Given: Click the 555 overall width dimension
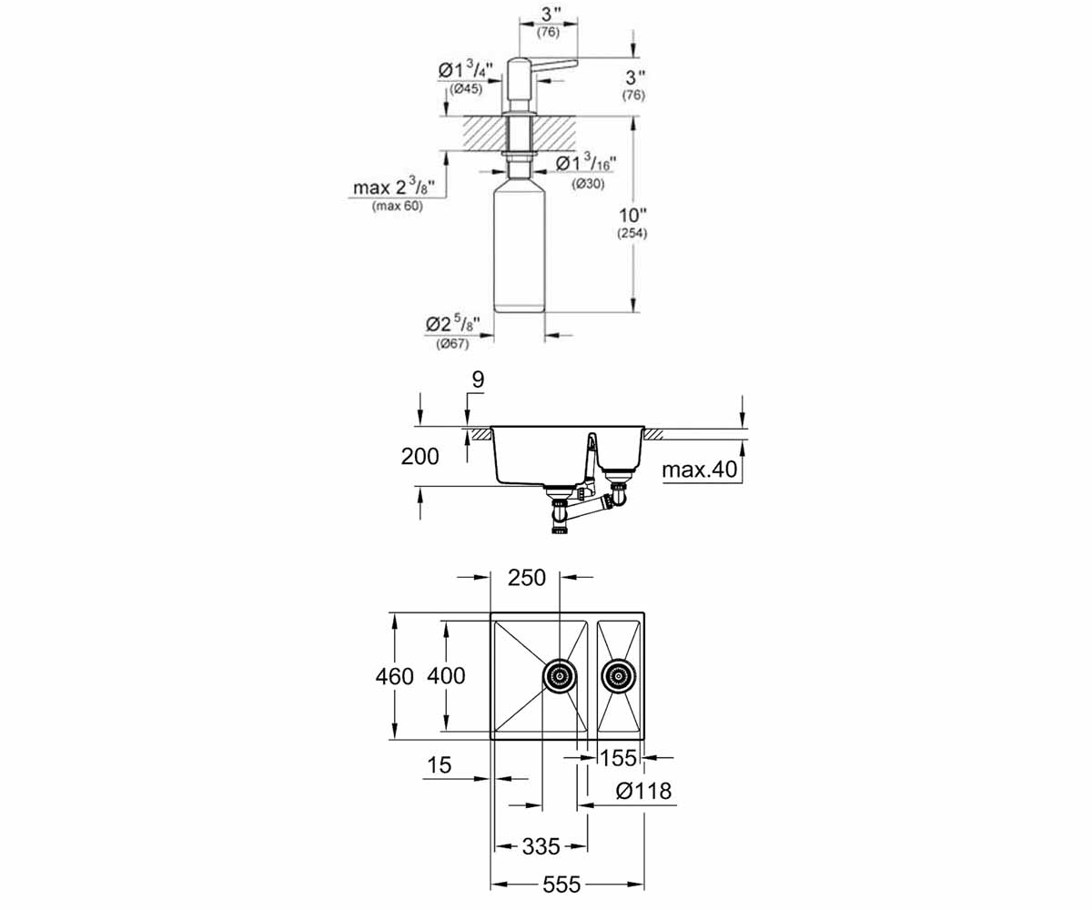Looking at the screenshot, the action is click(x=561, y=885).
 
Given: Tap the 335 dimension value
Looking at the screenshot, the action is click(x=541, y=846).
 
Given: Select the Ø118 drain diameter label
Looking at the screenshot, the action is click(x=643, y=791).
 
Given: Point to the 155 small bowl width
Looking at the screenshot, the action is click(x=618, y=758).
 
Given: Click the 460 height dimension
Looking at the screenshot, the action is click(x=394, y=677).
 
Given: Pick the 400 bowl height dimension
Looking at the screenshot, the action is click(x=446, y=676).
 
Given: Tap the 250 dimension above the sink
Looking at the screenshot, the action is click(x=527, y=578).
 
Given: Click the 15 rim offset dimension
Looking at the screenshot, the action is click(x=439, y=765).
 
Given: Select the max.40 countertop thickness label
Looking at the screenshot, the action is click(x=700, y=470).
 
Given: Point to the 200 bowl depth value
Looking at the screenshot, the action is click(x=420, y=457).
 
